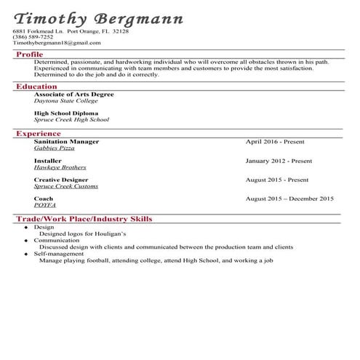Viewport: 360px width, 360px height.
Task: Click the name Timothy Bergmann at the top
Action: (x=98, y=17)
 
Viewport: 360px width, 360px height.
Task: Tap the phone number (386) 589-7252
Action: (x=33, y=37)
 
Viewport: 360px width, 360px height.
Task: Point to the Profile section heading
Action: (x=29, y=55)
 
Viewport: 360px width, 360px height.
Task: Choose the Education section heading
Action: (x=36, y=87)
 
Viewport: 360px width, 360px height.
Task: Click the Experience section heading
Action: (x=39, y=134)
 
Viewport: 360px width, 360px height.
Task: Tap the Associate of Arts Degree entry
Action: (x=73, y=95)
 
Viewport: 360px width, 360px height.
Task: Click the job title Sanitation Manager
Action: (x=66, y=141)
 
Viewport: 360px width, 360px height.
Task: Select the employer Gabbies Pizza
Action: (x=54, y=148)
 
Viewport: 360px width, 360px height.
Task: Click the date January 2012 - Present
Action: (x=279, y=161)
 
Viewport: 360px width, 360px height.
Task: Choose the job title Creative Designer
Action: (x=61, y=180)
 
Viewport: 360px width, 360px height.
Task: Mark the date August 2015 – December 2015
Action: (x=289, y=199)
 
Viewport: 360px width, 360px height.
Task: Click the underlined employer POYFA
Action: (x=44, y=205)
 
